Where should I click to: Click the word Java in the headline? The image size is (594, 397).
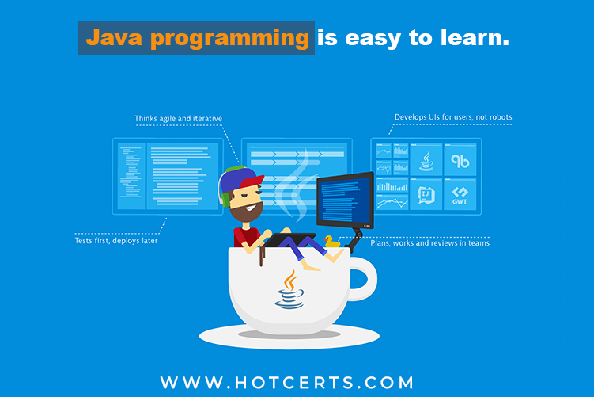[114, 38]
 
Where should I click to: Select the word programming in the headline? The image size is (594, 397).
[230, 40]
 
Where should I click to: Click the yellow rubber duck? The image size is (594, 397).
[332, 242]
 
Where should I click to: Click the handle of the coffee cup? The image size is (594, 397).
[363, 279]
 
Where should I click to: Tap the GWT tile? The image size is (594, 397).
[460, 195]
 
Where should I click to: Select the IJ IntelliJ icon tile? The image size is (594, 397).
[426, 195]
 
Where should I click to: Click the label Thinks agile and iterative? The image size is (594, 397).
[179, 119]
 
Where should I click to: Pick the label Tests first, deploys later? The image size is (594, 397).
[116, 241]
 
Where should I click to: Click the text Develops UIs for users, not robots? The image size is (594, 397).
[453, 117]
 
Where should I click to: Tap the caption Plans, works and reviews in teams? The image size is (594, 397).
[429, 243]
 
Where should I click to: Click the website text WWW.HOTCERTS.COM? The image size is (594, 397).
[287, 383]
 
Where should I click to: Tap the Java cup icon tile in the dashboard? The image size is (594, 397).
[426, 160]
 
